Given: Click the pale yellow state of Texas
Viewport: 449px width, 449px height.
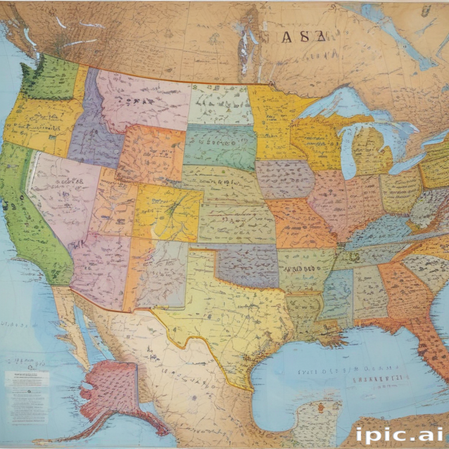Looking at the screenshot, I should (x=234, y=316).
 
